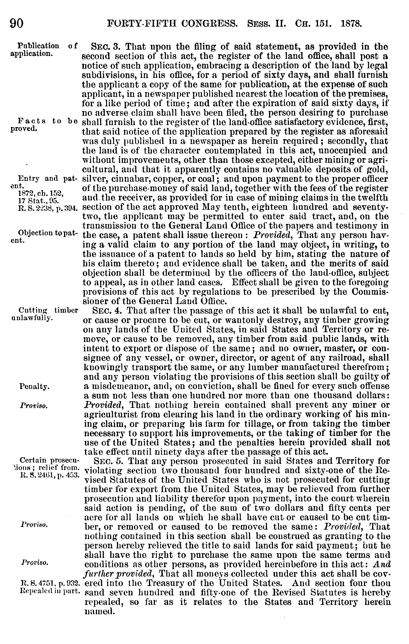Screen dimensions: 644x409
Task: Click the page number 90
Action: (17, 23)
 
